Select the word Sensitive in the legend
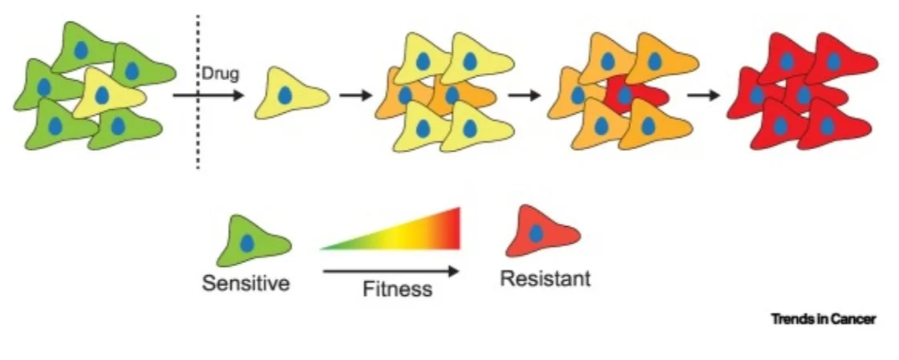pyautogui.click(x=245, y=283)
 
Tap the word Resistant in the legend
pyautogui.click(x=545, y=279)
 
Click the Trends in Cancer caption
pyautogui.click(x=823, y=319)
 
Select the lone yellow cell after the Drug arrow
pyautogui.click(x=290, y=95)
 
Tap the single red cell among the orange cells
pyautogui.click(x=634, y=95)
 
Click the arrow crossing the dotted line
pyautogui.click(x=207, y=95)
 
